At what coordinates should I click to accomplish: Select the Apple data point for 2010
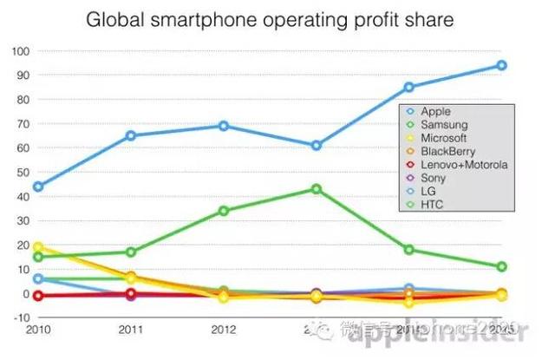[x=37, y=187]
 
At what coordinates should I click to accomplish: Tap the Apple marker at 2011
[x=130, y=135]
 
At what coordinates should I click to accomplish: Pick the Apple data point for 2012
[x=223, y=126]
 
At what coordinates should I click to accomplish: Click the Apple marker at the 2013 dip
[x=316, y=145]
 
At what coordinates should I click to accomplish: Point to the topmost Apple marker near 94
[x=501, y=65]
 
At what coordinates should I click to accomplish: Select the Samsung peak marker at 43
[x=316, y=188]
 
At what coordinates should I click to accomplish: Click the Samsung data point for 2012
[x=223, y=211]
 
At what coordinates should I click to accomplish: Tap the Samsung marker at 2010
[x=37, y=257]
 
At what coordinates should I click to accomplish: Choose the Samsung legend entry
[x=442, y=124]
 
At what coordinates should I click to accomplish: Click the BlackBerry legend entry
[x=447, y=150]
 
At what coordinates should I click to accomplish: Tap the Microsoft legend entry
[x=443, y=137]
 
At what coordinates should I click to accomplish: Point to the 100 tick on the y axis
[x=19, y=51]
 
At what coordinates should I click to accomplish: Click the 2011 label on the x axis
[x=130, y=331]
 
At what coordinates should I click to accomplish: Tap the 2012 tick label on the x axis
[x=223, y=331]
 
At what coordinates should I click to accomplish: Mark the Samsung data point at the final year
[x=501, y=266]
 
